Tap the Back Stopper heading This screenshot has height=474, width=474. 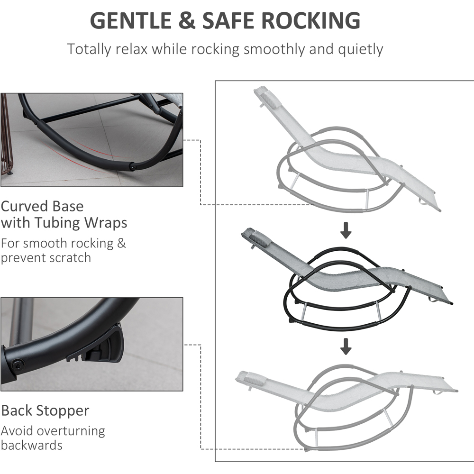click(45, 410)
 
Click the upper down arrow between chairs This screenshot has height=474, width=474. click(346, 230)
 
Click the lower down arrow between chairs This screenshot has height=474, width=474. click(346, 347)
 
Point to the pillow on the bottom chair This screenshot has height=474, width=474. click(249, 378)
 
